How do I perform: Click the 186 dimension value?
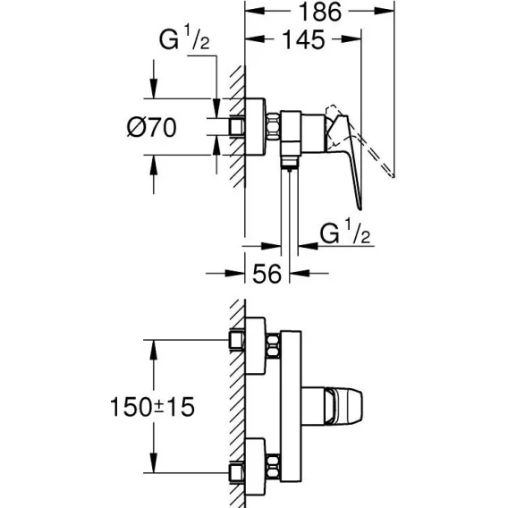coord(319,12)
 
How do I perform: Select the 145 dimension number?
coord(303,40)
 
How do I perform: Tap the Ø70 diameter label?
coord(152,127)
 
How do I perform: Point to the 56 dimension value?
coord(267,274)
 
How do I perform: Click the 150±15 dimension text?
coord(153,407)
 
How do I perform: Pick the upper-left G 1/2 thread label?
coord(184,38)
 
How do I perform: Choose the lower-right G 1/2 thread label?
coord(344,231)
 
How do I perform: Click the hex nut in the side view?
coord(273,127)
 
